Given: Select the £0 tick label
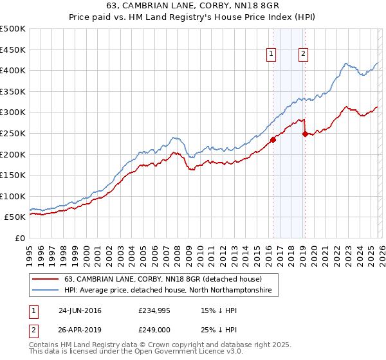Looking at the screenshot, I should [21, 239].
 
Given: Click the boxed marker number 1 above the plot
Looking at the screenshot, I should [271, 55].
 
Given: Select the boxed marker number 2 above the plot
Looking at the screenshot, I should [303, 55].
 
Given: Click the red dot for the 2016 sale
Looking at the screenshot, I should [273, 139].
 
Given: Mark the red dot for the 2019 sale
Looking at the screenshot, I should [305, 133].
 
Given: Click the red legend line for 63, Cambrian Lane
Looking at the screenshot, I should [46, 280].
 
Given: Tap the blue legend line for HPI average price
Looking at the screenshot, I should [46, 291].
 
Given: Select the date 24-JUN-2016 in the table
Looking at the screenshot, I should [80, 310].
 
